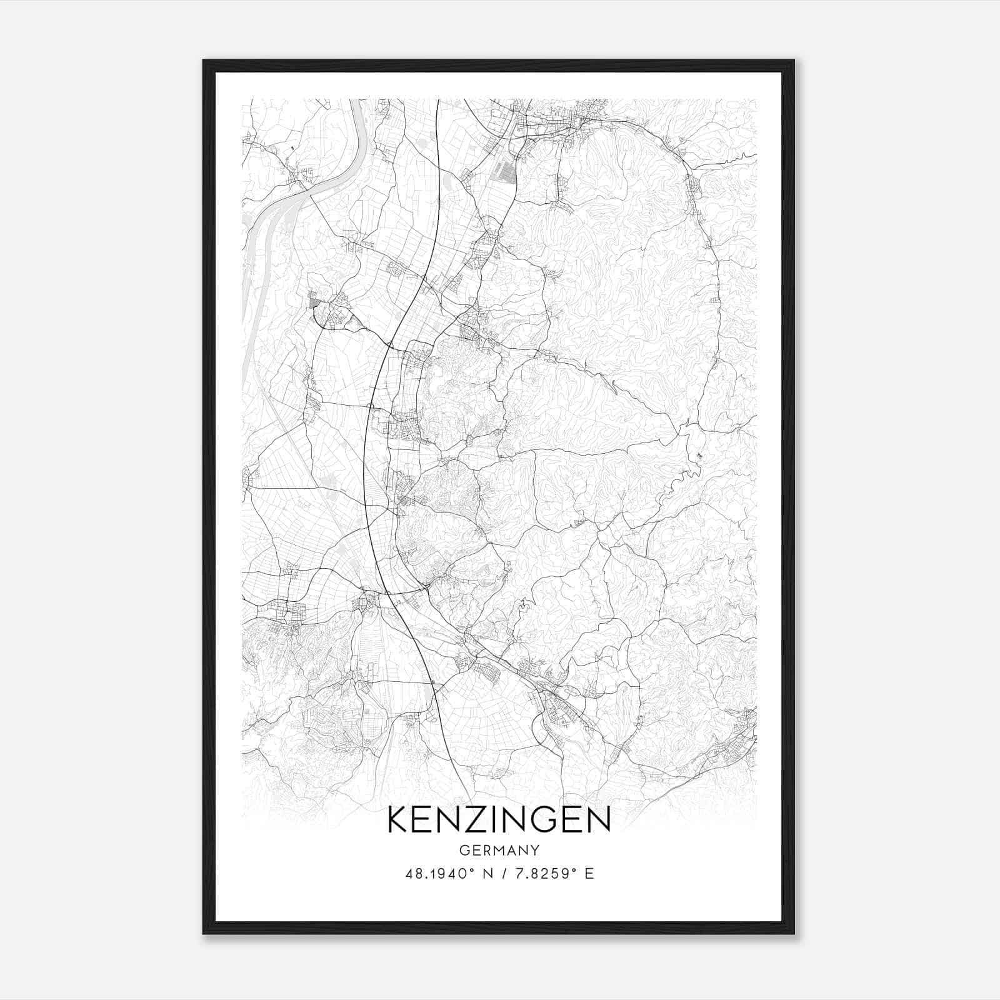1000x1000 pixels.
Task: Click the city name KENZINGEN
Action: coord(499,820)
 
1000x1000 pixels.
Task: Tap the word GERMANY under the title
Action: coord(499,850)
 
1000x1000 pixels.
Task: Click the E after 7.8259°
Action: coord(589,873)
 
